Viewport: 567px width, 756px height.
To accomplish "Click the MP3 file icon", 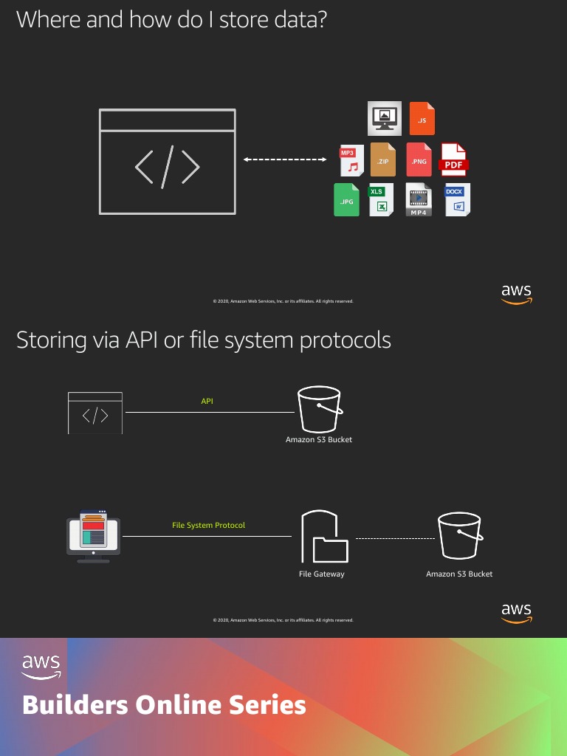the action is [x=351, y=159].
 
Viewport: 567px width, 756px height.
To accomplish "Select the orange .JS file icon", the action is [x=422, y=118].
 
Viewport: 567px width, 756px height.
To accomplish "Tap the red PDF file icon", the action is [x=454, y=159].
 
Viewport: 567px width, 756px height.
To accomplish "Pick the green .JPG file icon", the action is [x=346, y=199].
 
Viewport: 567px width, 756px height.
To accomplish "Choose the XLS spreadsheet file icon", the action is [x=381, y=199].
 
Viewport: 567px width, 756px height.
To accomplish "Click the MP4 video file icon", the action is [x=419, y=199].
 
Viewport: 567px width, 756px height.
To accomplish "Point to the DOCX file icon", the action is [x=457, y=199].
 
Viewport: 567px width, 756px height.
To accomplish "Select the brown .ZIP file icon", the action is [x=383, y=159].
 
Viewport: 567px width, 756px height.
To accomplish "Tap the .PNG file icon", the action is [x=419, y=159].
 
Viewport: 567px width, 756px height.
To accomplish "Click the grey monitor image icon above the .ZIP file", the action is [x=385, y=118].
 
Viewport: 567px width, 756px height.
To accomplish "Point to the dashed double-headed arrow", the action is [x=285, y=159].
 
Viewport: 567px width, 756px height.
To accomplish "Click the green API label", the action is [x=207, y=402].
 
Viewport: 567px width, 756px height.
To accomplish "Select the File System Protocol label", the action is [x=208, y=526].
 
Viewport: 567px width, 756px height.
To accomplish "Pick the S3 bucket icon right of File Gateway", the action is [x=459, y=537].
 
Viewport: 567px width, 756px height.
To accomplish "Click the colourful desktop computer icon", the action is [x=93, y=537].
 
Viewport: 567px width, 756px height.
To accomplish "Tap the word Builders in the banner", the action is [x=74, y=705].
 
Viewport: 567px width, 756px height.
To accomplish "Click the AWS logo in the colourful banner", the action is [x=41, y=666].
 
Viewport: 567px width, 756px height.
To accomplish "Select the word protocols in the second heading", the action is [x=344, y=340].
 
